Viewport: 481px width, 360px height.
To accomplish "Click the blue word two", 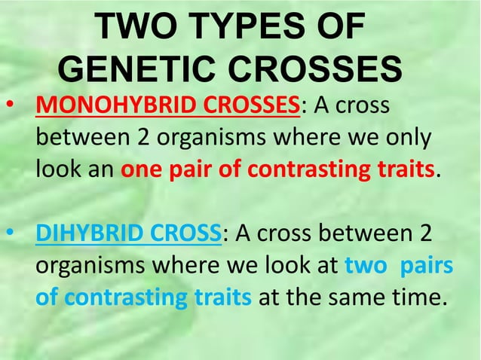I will click(x=364, y=266).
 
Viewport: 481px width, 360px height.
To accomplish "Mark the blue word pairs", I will click(x=426, y=266).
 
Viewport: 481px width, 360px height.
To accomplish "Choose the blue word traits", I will click(x=223, y=298).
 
